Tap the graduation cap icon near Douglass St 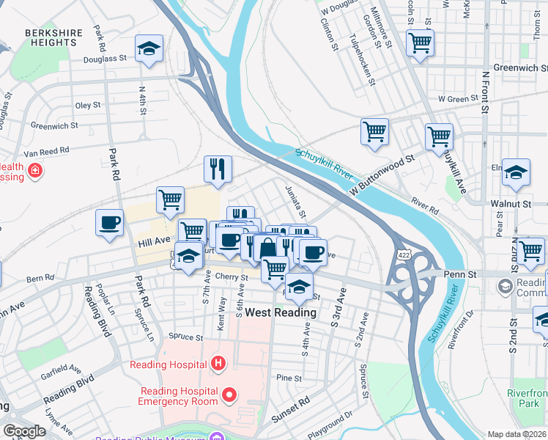click(149, 50)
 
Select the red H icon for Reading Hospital click(217, 362)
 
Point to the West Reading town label click(280, 312)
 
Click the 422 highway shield click(404, 254)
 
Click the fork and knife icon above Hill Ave click(218, 169)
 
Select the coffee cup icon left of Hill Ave click(110, 223)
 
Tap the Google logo click(24, 431)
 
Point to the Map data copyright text click(516, 434)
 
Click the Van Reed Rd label click(45, 150)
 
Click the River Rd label click(424, 205)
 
